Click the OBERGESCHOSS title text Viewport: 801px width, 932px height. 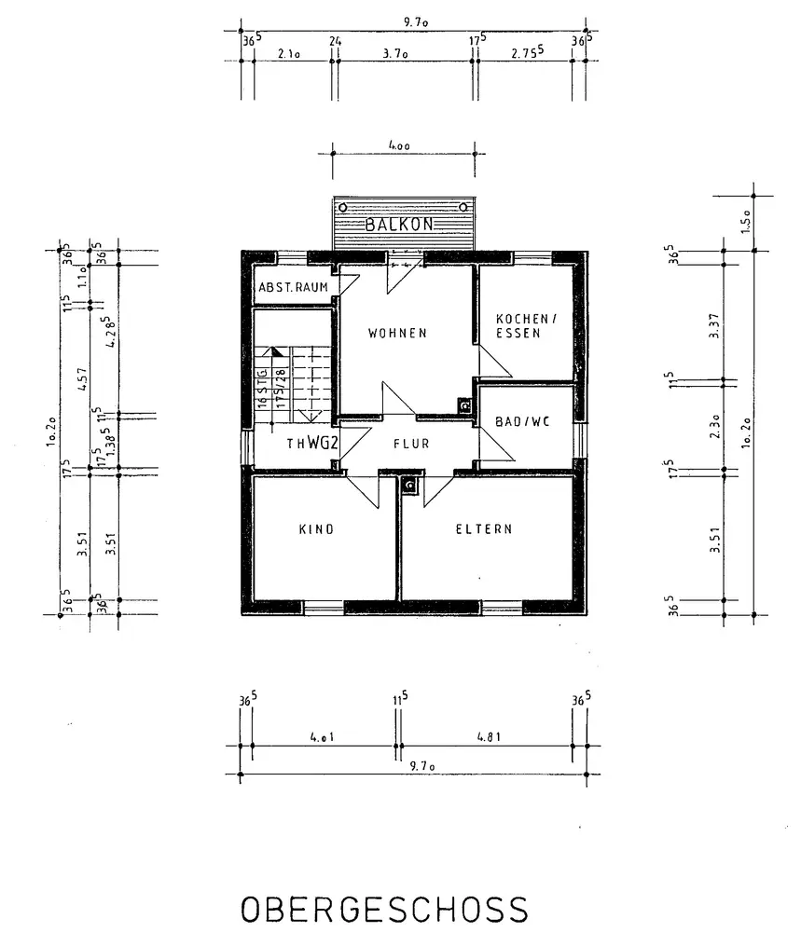[384, 910]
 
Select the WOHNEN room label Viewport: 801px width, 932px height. [397, 333]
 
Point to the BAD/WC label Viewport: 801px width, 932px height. [523, 421]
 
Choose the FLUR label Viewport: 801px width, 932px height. [411, 444]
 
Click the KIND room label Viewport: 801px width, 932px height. [316, 529]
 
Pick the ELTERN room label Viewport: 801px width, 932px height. [484, 528]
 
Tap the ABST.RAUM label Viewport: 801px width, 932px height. [293, 287]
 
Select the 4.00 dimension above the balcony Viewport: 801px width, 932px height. [404, 145]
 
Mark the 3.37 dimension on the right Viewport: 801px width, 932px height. [714, 322]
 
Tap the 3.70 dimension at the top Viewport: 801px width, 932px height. [396, 54]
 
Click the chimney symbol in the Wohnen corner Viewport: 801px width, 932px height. [463, 405]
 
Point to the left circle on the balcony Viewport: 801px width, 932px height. [344, 207]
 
